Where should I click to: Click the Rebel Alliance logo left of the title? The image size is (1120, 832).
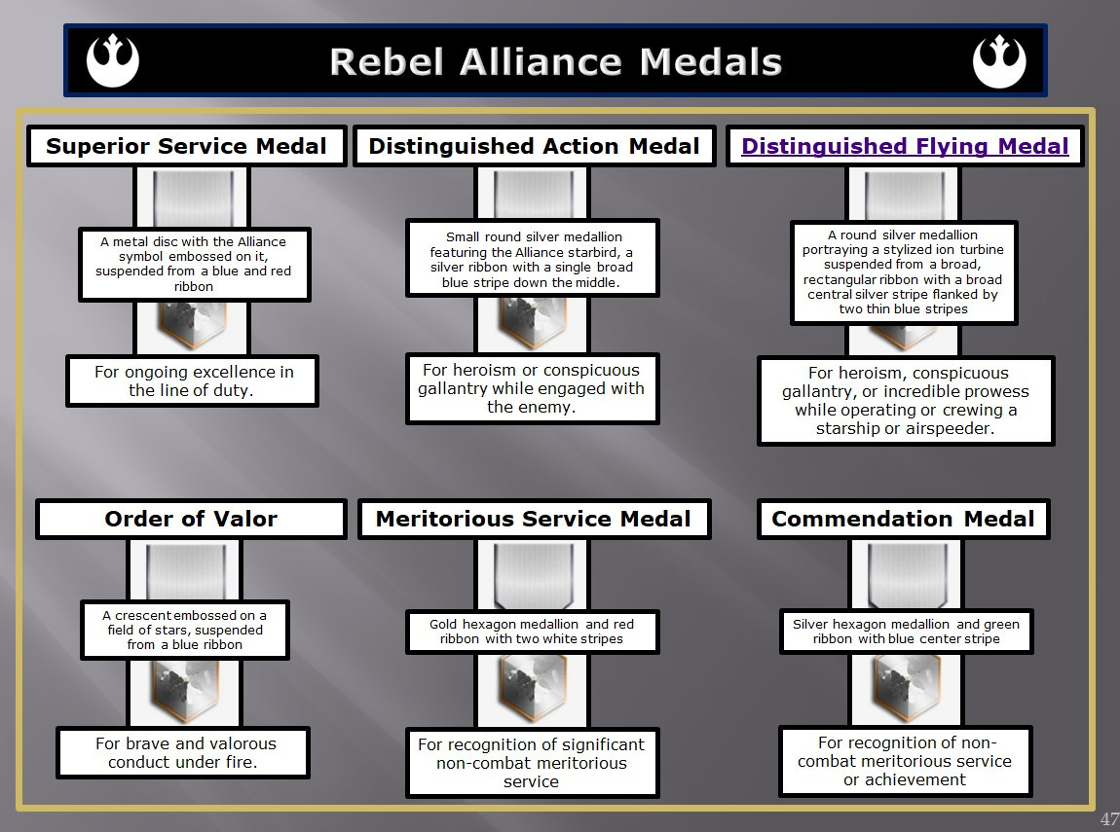(113, 60)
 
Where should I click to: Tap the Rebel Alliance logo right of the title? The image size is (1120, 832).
(999, 61)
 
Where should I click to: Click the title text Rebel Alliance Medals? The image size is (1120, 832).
(556, 62)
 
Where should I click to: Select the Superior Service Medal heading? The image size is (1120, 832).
(186, 146)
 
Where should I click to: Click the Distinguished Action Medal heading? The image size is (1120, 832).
(535, 146)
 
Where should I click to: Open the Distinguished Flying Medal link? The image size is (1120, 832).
(905, 146)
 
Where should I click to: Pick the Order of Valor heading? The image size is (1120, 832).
(191, 519)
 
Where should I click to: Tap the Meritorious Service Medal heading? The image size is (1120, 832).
(534, 519)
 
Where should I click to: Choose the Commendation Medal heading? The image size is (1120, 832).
(903, 519)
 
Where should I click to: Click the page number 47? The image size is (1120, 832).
(1109, 818)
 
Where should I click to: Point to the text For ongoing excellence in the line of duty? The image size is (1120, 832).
(194, 381)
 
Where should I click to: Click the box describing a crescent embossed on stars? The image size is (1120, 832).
(184, 630)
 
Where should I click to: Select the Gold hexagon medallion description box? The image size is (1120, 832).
(532, 632)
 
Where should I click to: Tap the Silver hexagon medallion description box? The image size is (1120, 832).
(906, 632)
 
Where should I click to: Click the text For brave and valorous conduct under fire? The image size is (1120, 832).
(185, 753)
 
